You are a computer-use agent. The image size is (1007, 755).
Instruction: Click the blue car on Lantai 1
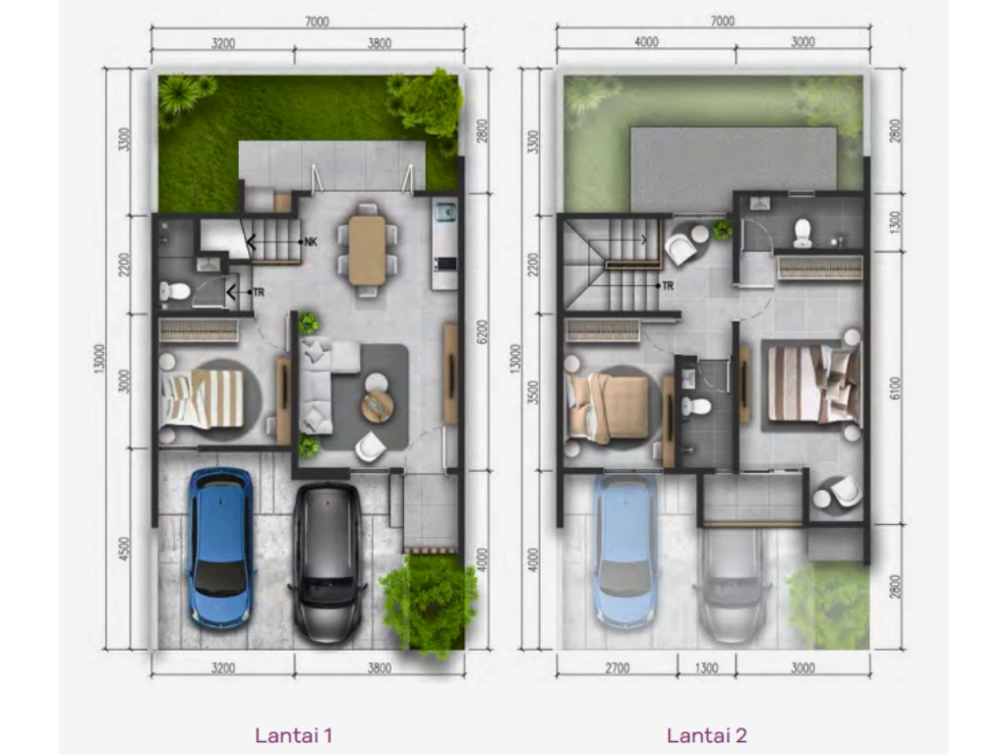coord(220,547)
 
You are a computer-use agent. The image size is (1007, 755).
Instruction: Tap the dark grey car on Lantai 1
coord(327,562)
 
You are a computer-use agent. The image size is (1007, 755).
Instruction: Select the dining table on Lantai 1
coord(368,250)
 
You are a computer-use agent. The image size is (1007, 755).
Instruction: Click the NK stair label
coord(311,242)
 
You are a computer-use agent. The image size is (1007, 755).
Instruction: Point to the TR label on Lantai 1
coord(259,292)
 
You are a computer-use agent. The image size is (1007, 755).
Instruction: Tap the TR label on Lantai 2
coord(668,286)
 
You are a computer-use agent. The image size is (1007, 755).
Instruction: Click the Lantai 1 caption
coord(293,735)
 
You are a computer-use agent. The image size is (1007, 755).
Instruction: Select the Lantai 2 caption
coord(706,735)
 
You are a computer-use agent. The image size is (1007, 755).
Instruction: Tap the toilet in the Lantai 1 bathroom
coord(173,292)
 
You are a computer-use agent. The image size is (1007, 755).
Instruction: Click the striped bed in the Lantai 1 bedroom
coord(203,399)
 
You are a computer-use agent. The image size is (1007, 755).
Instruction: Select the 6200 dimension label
coord(483,331)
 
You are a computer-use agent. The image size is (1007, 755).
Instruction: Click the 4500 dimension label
coord(125,549)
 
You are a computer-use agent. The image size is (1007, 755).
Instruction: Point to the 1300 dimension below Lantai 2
coord(706,668)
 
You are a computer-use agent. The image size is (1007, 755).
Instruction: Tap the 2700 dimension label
coord(618,668)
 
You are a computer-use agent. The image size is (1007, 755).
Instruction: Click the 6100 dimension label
coord(896,387)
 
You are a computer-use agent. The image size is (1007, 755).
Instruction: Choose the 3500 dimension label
coord(532,391)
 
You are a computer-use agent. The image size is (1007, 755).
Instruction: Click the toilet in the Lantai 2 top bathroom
coord(801,233)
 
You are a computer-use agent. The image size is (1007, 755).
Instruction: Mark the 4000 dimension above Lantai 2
coord(646,41)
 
